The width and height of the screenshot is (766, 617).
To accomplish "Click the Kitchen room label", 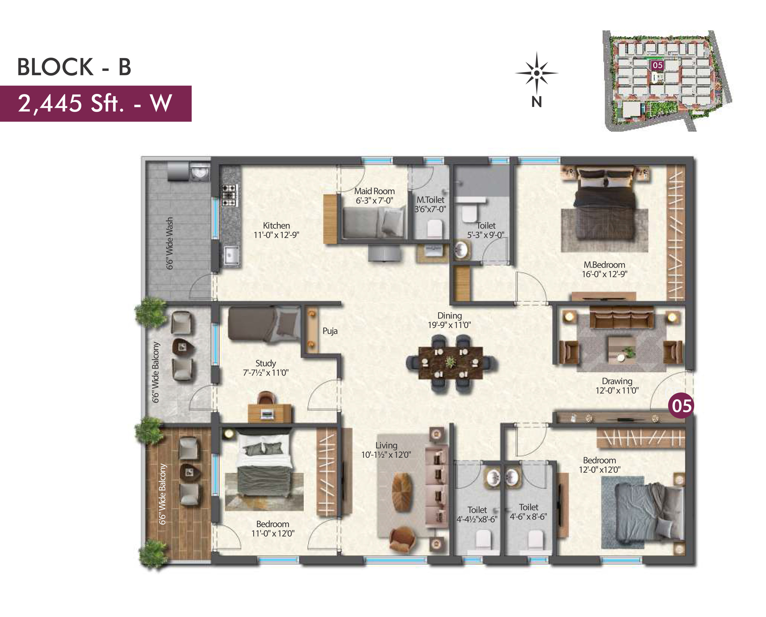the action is tap(276, 226).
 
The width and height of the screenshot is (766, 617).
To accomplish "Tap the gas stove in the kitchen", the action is tap(229, 195).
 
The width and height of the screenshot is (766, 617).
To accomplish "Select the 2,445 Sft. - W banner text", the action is tap(95, 103).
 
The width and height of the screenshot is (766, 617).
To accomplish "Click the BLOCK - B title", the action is tap(74, 67).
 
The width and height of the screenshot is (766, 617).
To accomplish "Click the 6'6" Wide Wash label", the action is tap(170, 243).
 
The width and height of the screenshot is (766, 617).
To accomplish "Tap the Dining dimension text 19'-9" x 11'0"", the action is tap(449, 325).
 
